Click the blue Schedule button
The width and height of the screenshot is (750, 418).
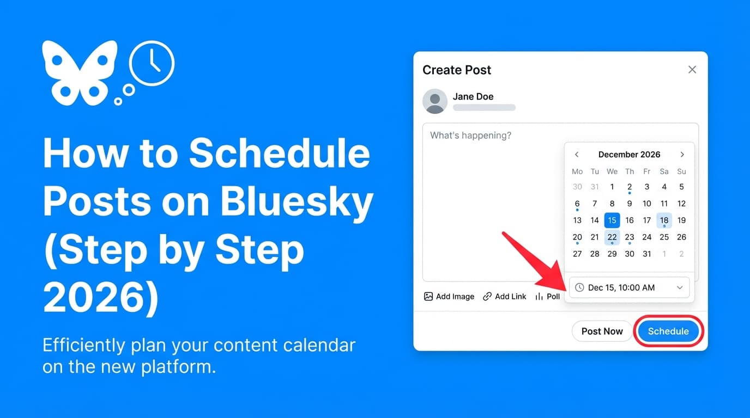click(668, 331)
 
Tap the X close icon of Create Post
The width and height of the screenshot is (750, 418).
click(692, 70)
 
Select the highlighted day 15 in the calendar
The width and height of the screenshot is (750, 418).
click(612, 220)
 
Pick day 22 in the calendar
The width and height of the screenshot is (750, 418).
click(612, 237)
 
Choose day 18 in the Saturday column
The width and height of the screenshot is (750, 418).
click(664, 220)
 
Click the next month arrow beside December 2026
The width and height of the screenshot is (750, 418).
click(682, 155)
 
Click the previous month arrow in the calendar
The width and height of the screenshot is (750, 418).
click(577, 155)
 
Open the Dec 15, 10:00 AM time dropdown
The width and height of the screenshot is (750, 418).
click(629, 287)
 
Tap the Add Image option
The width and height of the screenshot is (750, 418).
click(449, 297)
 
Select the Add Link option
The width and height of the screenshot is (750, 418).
click(505, 297)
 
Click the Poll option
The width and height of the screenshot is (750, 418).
click(548, 297)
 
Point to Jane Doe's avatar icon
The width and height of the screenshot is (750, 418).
click(435, 101)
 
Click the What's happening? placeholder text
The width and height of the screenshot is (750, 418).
click(471, 135)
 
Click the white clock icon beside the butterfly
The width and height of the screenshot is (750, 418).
click(152, 63)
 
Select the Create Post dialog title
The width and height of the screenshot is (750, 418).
click(457, 70)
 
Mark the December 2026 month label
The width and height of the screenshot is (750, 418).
click(629, 155)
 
